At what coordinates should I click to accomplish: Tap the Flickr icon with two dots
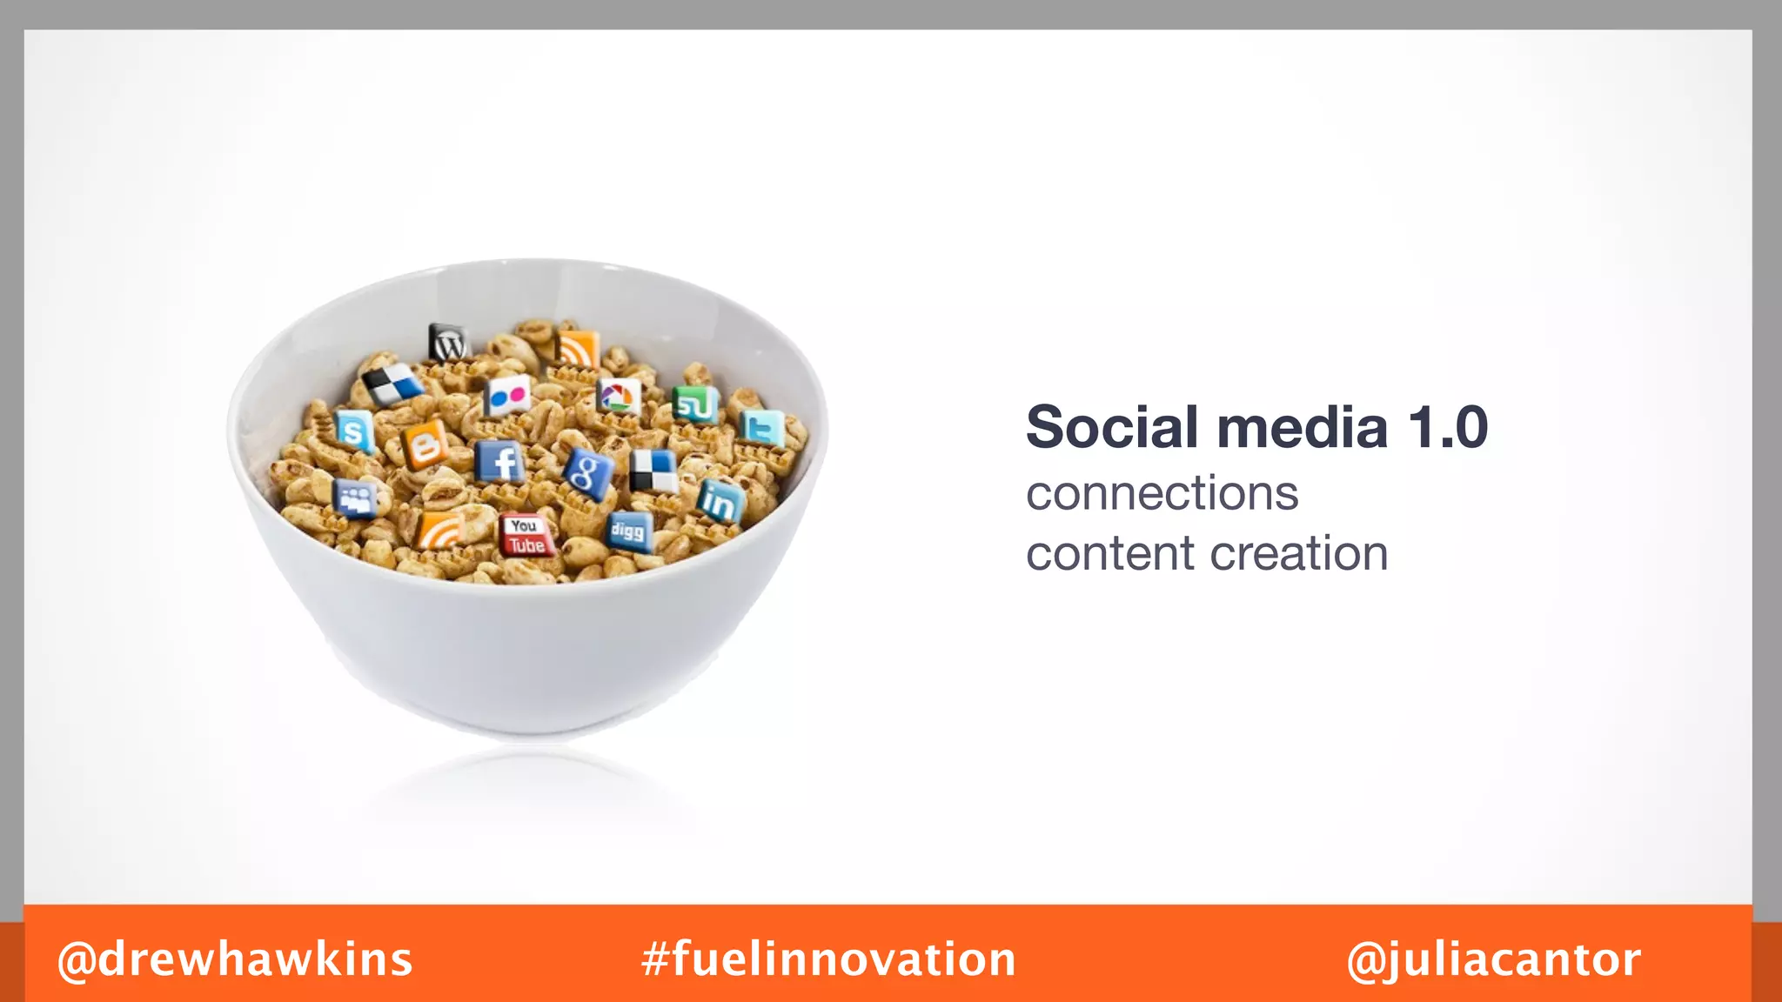[x=507, y=397]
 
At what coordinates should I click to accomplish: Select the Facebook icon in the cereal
[x=501, y=462]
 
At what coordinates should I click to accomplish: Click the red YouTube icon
[x=526, y=535]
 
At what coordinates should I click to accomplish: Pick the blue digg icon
[x=628, y=530]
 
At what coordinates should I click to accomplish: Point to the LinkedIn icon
[x=720, y=501]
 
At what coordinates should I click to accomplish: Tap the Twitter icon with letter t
[x=762, y=428]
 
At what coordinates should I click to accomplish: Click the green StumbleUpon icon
[x=694, y=404]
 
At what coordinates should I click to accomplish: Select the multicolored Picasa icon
[x=619, y=397]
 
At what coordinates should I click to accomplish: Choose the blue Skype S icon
[x=353, y=431]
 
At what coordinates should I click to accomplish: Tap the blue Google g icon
[x=587, y=473]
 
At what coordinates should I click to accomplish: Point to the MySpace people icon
[x=355, y=498]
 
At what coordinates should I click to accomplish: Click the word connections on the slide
[x=1162, y=494]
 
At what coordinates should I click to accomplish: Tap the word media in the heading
[x=1302, y=428]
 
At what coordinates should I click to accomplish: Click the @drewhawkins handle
[x=235, y=959]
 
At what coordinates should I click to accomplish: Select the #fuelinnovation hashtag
[x=828, y=959]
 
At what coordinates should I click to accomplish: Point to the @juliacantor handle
[x=1493, y=959]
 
